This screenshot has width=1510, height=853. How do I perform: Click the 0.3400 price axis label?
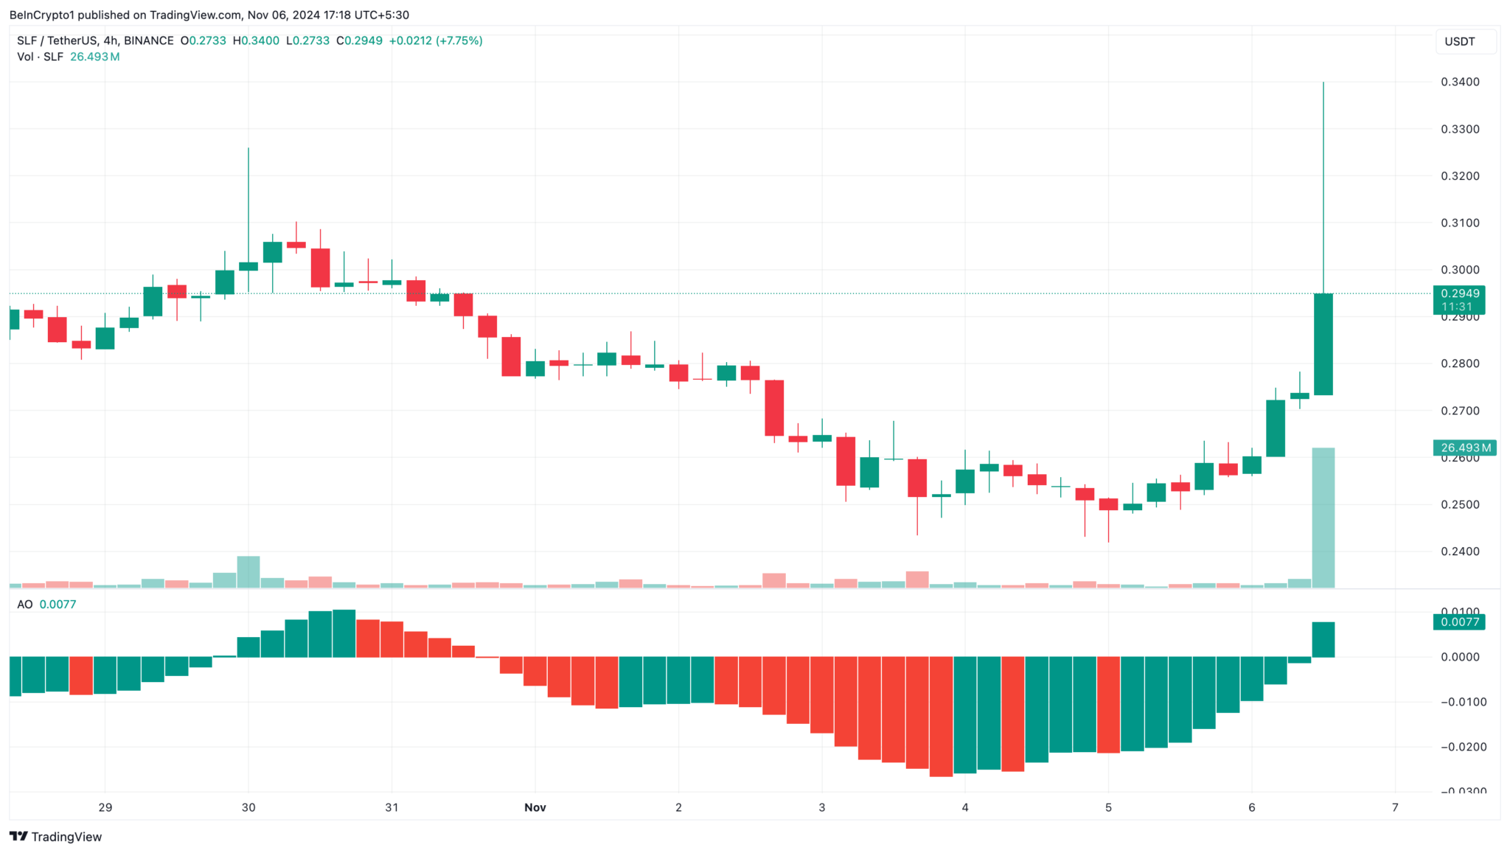(x=1460, y=82)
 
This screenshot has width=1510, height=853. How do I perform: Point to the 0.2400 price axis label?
(x=1460, y=551)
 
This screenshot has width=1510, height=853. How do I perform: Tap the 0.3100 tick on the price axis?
(x=1460, y=223)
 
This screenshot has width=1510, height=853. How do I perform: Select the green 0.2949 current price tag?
(x=1458, y=294)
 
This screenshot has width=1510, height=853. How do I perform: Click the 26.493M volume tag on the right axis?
(x=1464, y=448)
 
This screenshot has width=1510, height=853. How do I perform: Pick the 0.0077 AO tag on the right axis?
(x=1458, y=622)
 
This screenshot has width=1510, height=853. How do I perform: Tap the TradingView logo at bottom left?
(x=56, y=837)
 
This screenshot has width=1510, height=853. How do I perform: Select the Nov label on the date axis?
(x=535, y=807)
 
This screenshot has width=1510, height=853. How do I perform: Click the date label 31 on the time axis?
(x=392, y=807)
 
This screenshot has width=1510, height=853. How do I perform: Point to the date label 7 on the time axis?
(x=1394, y=807)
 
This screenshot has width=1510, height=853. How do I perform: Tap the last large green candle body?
(x=1323, y=344)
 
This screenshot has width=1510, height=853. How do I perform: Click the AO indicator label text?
(x=25, y=605)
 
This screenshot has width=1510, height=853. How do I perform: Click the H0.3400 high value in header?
(x=256, y=41)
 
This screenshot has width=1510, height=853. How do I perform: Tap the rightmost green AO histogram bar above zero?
(x=1323, y=639)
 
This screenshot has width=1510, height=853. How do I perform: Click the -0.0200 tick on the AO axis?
(x=1463, y=747)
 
